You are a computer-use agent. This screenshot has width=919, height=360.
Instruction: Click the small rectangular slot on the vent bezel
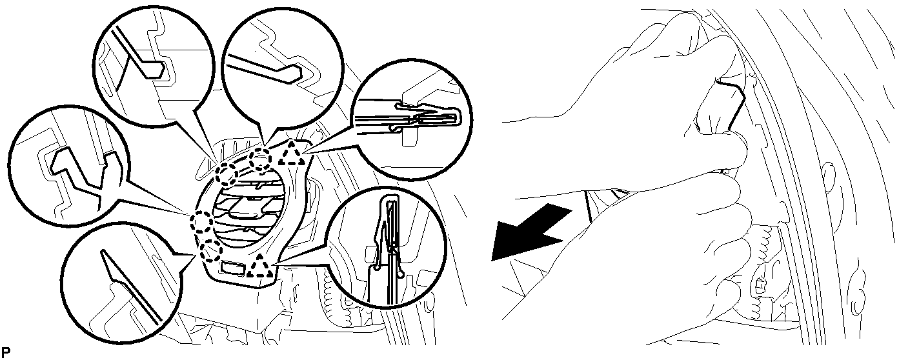coord(232,268)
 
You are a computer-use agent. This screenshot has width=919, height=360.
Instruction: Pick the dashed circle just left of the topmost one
coord(227,174)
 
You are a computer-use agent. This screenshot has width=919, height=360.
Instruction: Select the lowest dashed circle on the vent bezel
coord(210,250)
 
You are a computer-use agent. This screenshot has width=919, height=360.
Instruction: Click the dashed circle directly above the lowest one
coord(201,223)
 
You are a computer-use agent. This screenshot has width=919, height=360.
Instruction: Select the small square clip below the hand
coord(760,284)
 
